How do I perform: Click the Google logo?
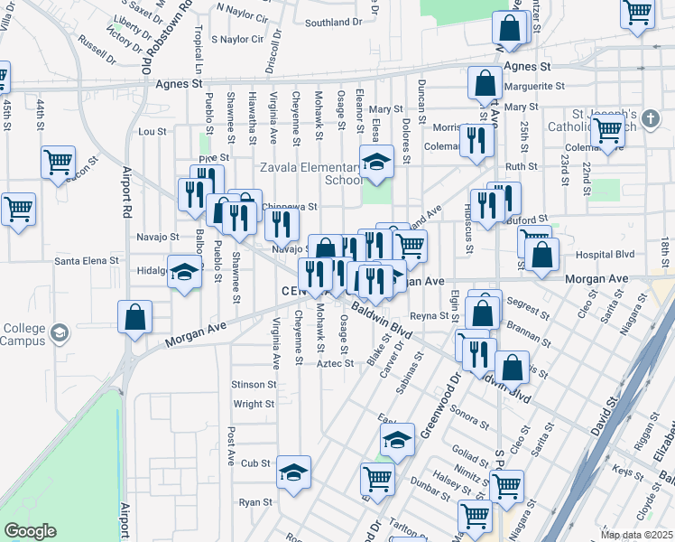coord(29,531)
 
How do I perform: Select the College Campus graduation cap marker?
coord(60,332)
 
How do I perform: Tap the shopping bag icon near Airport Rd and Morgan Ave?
coord(134,316)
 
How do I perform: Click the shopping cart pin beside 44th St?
coord(58,163)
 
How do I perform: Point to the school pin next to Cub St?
coord(293,472)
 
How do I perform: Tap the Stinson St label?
coord(254,385)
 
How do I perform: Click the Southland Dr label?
coord(333,23)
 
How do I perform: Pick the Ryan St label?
coord(255,502)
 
